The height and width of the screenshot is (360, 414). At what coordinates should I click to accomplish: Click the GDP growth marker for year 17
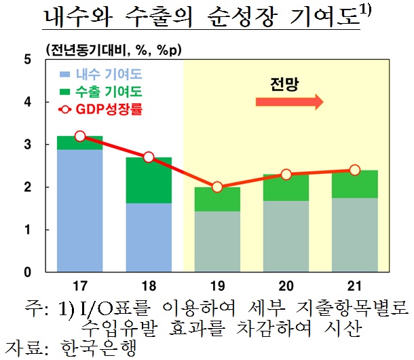click(x=80, y=137)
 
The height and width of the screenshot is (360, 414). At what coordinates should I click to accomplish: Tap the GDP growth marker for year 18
click(x=149, y=158)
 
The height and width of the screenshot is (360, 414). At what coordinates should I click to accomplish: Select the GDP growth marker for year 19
click(x=217, y=187)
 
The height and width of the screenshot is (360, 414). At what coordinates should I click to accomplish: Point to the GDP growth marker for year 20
click(x=286, y=175)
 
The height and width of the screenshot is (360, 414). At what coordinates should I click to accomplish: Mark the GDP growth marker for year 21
click(x=354, y=170)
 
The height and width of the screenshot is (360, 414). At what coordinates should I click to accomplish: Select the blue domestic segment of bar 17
click(x=80, y=211)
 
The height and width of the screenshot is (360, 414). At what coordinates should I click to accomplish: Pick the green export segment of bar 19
click(x=217, y=199)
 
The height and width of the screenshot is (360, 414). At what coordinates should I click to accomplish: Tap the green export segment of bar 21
click(x=354, y=184)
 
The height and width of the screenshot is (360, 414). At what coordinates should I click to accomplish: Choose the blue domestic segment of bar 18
click(x=149, y=237)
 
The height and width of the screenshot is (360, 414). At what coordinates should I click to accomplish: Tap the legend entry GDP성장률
click(x=109, y=108)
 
